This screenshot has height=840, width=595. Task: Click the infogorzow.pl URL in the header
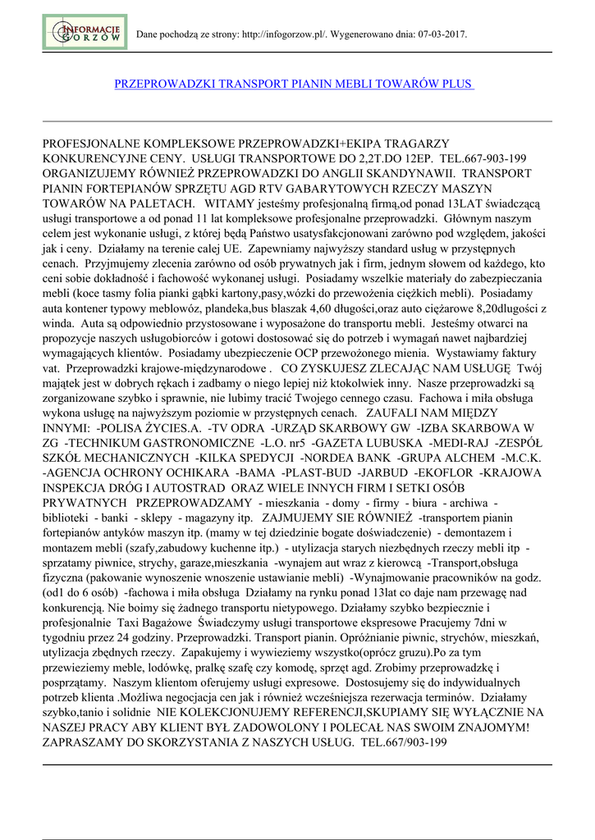[285, 34]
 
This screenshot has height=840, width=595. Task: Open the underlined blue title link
[294, 84]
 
